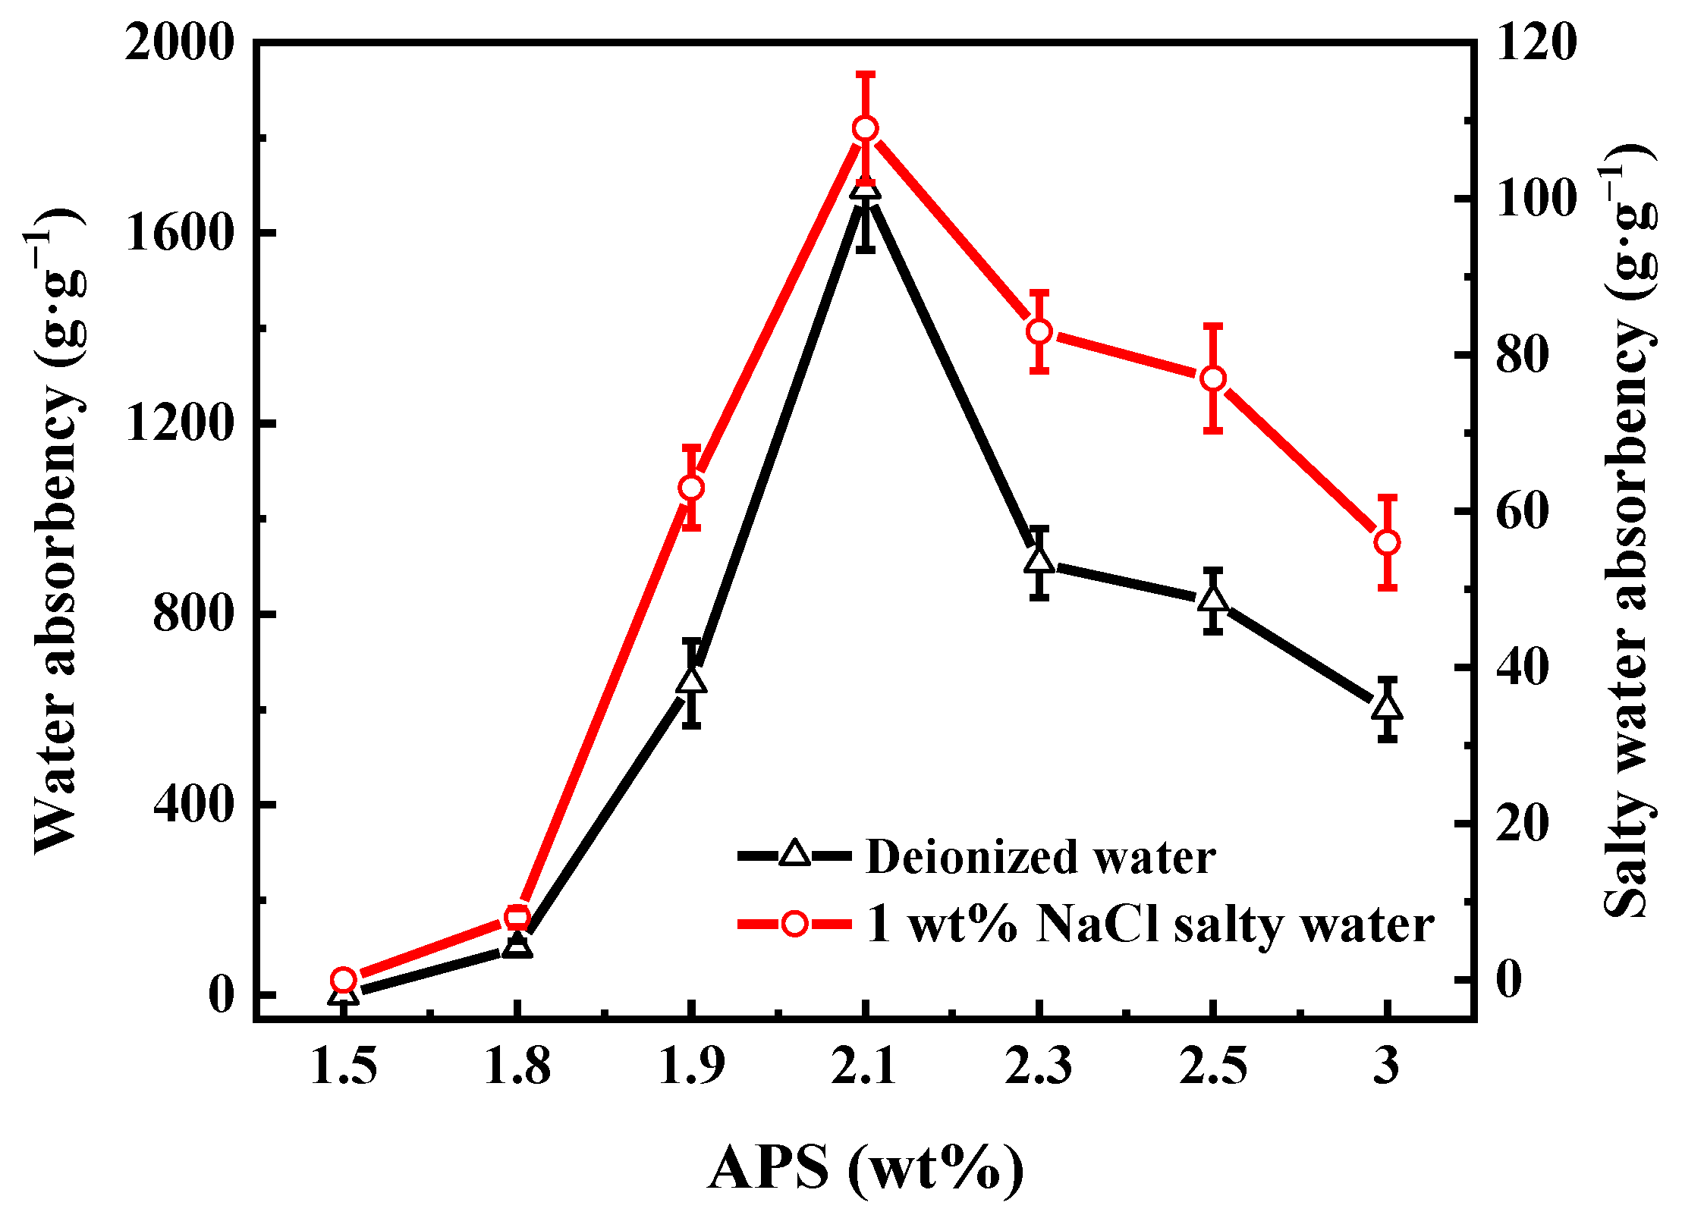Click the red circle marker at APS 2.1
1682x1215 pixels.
(865, 128)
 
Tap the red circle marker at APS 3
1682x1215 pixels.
(1387, 542)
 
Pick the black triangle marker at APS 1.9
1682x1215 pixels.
(691, 680)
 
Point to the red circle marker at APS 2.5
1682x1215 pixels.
(1213, 378)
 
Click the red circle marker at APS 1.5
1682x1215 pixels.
(344, 980)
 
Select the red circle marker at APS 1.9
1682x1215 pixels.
(690, 487)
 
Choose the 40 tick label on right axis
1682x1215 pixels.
(1521, 667)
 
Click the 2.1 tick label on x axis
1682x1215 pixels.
(864, 1066)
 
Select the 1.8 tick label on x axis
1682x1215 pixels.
(517, 1066)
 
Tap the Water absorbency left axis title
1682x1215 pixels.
(57, 531)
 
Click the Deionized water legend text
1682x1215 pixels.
(1040, 857)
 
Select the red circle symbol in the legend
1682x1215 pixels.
(794, 924)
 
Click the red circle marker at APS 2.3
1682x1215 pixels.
(1039, 331)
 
